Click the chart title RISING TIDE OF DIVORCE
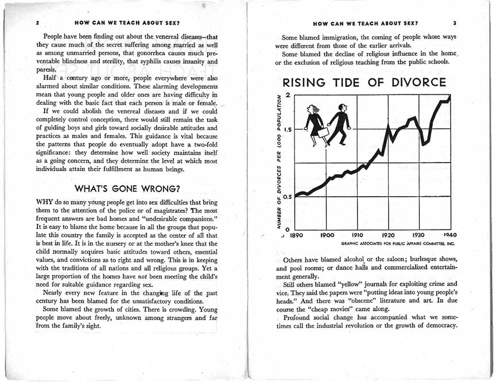[x=361, y=83]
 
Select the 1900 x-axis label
[x=327, y=235]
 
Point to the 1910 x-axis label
[x=358, y=235]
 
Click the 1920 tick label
[x=389, y=235]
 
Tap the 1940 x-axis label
[x=449, y=235]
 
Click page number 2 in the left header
[x=37, y=24]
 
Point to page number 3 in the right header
[x=454, y=24]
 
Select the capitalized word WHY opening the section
[x=44, y=203]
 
